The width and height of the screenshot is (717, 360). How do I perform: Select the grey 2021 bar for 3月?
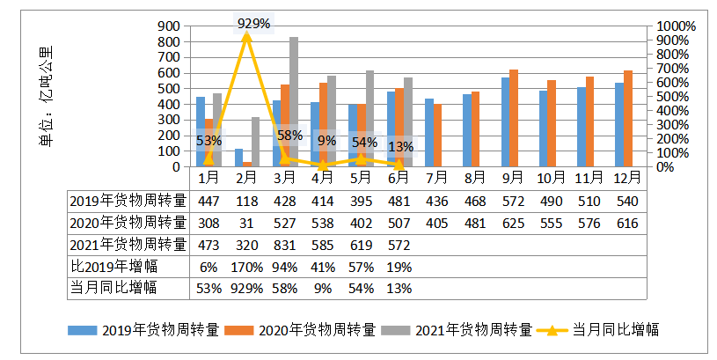[294, 101]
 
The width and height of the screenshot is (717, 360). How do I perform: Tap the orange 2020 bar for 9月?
[514, 118]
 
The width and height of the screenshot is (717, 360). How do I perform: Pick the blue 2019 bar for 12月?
[619, 124]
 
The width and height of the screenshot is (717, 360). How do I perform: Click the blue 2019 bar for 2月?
[238, 158]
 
